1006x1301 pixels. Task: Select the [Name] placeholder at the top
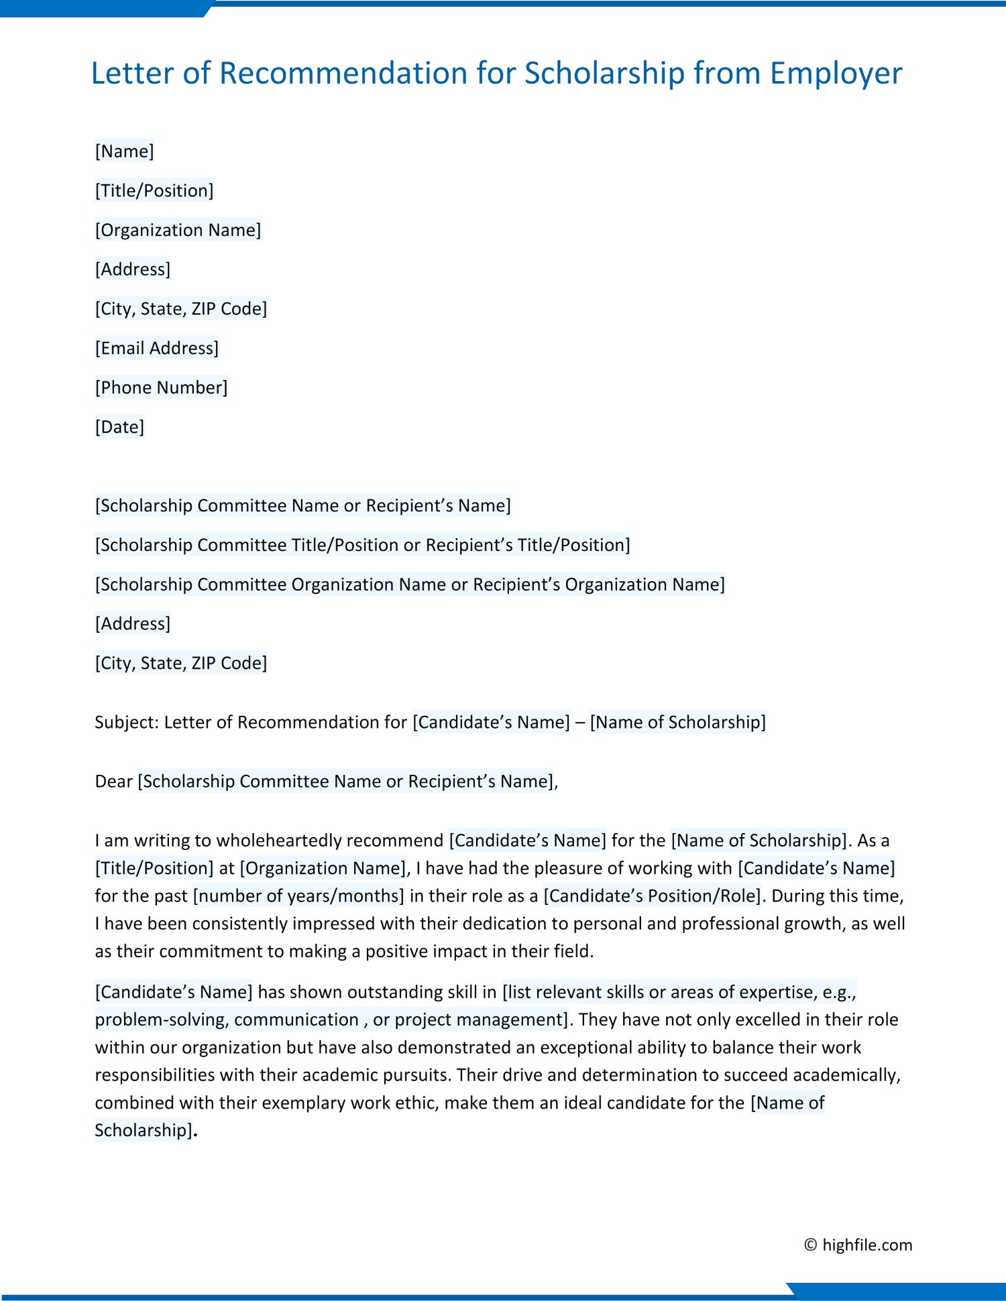click(124, 151)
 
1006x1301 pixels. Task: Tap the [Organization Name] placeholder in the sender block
click(178, 230)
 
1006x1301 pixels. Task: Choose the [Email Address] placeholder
click(156, 348)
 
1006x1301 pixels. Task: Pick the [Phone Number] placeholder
click(161, 387)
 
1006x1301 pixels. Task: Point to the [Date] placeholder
click(119, 427)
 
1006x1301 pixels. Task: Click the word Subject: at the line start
click(126, 722)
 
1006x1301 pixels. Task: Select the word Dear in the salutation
click(113, 781)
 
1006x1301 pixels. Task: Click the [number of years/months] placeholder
click(298, 895)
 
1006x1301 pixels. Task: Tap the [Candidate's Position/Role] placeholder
click(653, 895)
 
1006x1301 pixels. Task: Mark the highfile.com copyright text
click(867, 1245)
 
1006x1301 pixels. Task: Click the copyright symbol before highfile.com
click(810, 1245)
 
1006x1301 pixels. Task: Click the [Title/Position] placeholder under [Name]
click(154, 190)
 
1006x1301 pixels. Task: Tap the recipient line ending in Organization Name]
click(409, 584)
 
